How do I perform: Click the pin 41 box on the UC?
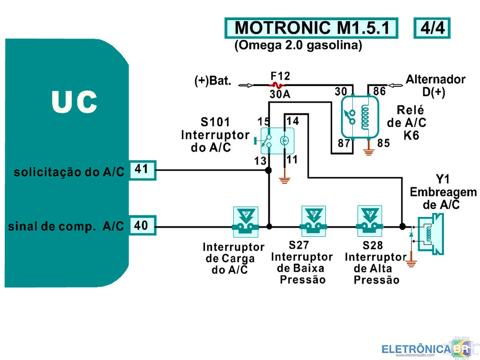(143, 170)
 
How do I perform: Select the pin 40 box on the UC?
(143, 226)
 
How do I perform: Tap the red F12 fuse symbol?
(277, 85)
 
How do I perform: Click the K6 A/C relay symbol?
(360, 117)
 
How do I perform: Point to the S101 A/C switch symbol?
(277, 141)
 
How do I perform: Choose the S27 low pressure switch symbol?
(313, 221)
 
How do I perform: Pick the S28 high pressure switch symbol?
(370, 221)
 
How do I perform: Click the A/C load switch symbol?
(245, 222)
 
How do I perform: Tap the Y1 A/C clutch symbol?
(431, 235)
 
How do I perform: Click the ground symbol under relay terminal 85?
(369, 152)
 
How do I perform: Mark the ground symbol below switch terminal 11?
(285, 180)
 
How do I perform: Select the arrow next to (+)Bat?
(245, 85)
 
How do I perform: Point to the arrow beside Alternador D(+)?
(395, 85)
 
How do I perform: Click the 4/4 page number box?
(432, 28)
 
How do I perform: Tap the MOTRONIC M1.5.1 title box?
(312, 28)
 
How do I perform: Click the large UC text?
(74, 102)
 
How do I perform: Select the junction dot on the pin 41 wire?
(268, 170)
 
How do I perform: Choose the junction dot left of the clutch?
(403, 227)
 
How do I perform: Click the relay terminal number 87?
(344, 143)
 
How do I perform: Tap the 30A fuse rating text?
(280, 94)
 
